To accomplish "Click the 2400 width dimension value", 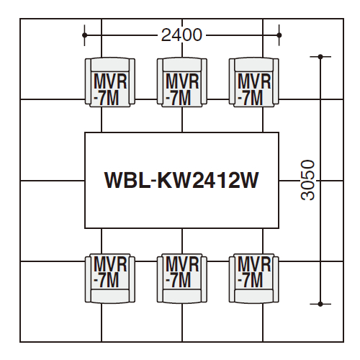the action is click(181, 35).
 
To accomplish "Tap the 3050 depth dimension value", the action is click(307, 180).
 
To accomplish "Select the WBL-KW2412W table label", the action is click(181, 180).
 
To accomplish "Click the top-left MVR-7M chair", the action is click(110, 82).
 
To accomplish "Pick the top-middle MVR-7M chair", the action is click(182, 82).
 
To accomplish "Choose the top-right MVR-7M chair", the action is click(254, 82).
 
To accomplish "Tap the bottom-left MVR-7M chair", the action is click(110, 279).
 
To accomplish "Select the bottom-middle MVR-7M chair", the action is click(182, 279).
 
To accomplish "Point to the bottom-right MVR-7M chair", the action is click(254, 279).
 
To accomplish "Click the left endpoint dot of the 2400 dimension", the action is click(84, 35).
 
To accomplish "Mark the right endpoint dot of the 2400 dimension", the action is click(279, 35).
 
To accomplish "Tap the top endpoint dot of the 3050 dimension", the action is click(320, 57).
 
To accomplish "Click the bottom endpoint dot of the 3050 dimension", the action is click(320, 304).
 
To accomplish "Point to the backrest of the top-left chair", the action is click(110, 65).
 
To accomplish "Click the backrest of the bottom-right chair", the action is click(254, 296).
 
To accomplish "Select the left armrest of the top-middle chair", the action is click(160, 81).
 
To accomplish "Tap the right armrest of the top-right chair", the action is click(276, 81).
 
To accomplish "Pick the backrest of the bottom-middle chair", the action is click(182, 296).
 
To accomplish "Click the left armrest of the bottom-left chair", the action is click(88, 279).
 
